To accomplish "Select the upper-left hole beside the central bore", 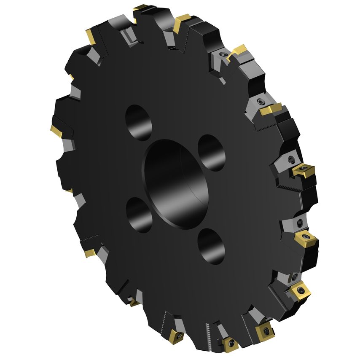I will click(139, 122).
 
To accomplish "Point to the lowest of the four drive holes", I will click(211, 247).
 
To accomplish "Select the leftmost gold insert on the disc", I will click(56, 130).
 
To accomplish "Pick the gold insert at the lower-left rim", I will click(90, 253).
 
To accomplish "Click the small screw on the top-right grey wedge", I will click(222, 55).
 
